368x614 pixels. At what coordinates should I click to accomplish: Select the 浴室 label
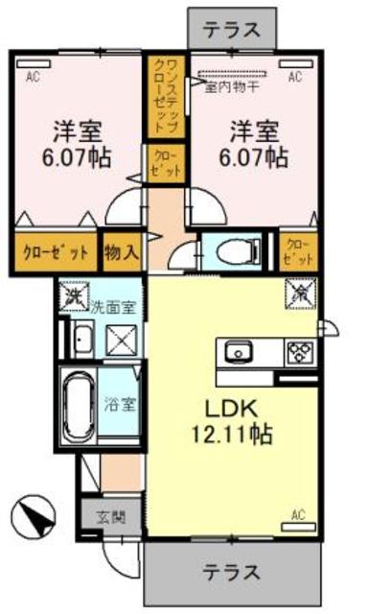(120, 402)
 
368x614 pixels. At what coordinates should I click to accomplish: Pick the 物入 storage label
(122, 251)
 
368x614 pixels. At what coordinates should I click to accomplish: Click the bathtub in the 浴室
(77, 408)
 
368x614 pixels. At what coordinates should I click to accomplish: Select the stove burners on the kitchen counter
(300, 352)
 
